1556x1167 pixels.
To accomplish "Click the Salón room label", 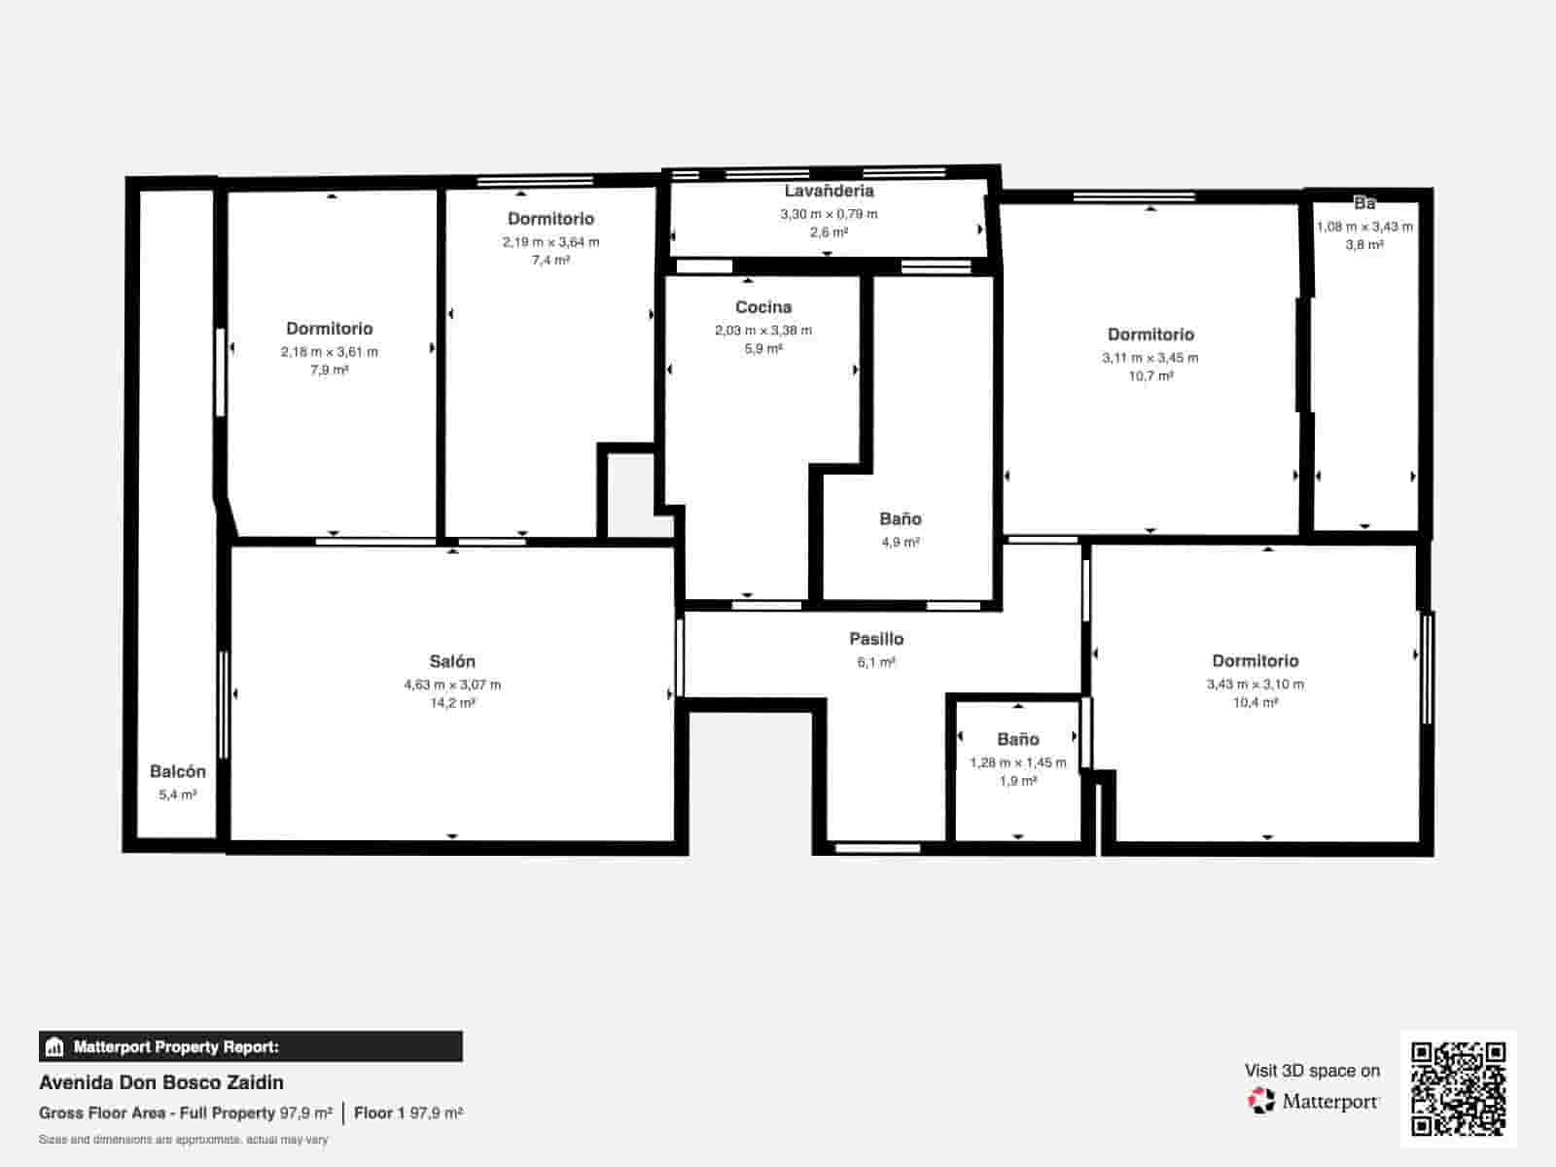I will point(452,661).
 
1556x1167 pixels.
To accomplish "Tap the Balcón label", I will point(177,771).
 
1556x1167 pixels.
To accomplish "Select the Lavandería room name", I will point(829,192).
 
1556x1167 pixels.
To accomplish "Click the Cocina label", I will point(762,307).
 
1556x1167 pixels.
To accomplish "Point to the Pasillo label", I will point(875,639).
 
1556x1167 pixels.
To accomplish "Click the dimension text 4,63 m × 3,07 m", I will point(452,685).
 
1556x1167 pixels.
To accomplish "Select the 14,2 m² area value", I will point(452,703).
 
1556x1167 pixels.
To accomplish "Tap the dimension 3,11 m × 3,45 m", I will point(1149,358).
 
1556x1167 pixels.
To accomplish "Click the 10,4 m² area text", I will point(1255,702).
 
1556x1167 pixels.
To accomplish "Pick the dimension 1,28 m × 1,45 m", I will point(1017,762).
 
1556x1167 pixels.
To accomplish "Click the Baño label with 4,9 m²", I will point(900,519).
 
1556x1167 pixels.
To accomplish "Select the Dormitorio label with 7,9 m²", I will point(329,329).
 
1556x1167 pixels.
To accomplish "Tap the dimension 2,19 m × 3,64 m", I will point(550,242).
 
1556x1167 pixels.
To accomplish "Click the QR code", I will point(1458,1088).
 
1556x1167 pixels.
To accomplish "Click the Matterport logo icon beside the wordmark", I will point(1261,1101).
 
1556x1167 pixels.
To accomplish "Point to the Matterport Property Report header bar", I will point(250,1046).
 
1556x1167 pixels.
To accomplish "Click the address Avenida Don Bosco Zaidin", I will point(161,1082).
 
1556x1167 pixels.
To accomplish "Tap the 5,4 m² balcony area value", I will point(177,795).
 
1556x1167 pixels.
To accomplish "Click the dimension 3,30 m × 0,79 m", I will point(829,214).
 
